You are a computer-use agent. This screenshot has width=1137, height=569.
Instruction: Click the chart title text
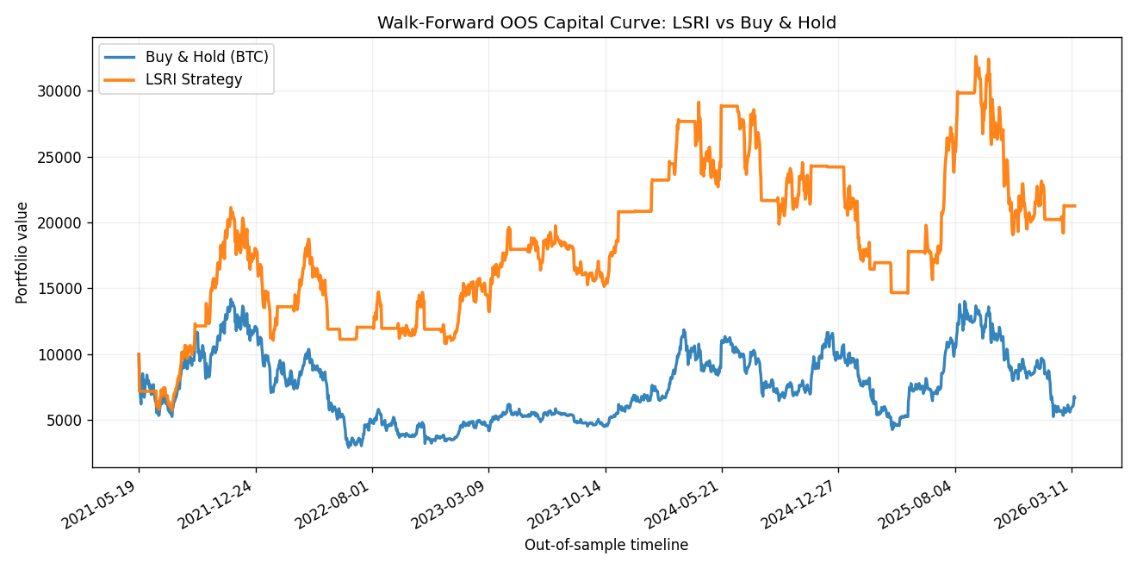click(606, 23)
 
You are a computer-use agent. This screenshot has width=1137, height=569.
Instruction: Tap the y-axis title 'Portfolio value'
click(22, 253)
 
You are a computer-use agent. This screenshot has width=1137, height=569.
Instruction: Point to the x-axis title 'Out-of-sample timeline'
click(606, 545)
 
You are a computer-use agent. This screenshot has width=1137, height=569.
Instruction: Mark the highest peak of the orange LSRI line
click(976, 57)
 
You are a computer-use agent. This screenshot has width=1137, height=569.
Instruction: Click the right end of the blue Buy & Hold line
click(1074, 397)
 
